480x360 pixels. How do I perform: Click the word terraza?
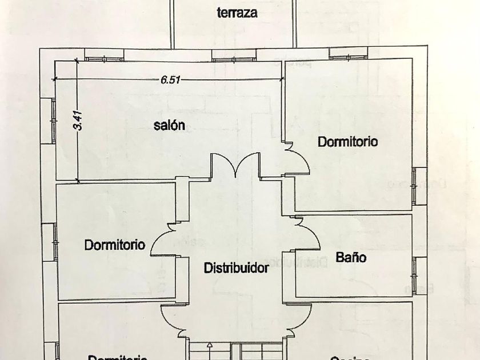[x=237, y=13]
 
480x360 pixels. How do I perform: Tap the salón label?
[x=169, y=126]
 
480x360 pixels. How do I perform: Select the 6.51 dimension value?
[x=170, y=81]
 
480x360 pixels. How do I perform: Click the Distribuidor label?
[x=237, y=267]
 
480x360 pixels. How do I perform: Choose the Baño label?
[x=351, y=257]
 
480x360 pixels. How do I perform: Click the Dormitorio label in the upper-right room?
[x=348, y=142]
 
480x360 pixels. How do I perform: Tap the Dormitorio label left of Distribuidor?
[x=115, y=245]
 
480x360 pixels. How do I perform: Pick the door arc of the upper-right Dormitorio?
[x=299, y=160]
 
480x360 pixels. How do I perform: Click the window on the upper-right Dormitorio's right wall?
[x=420, y=185]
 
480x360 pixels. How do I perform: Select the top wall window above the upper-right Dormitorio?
[x=346, y=55]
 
